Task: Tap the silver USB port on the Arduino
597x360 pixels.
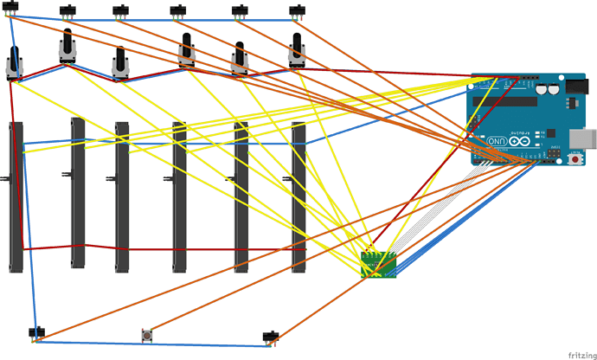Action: (586, 138)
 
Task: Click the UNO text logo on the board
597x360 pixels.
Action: (496, 141)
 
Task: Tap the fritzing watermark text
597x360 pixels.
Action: (578, 353)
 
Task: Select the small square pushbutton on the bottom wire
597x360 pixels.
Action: (148, 333)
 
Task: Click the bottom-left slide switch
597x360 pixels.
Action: (36, 332)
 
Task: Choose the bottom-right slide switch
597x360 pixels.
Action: (271, 334)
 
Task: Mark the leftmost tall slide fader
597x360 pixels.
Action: (16, 197)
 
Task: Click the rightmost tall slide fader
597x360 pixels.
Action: (298, 197)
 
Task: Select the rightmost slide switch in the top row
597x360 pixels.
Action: (297, 11)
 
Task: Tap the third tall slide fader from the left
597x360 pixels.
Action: (122, 197)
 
